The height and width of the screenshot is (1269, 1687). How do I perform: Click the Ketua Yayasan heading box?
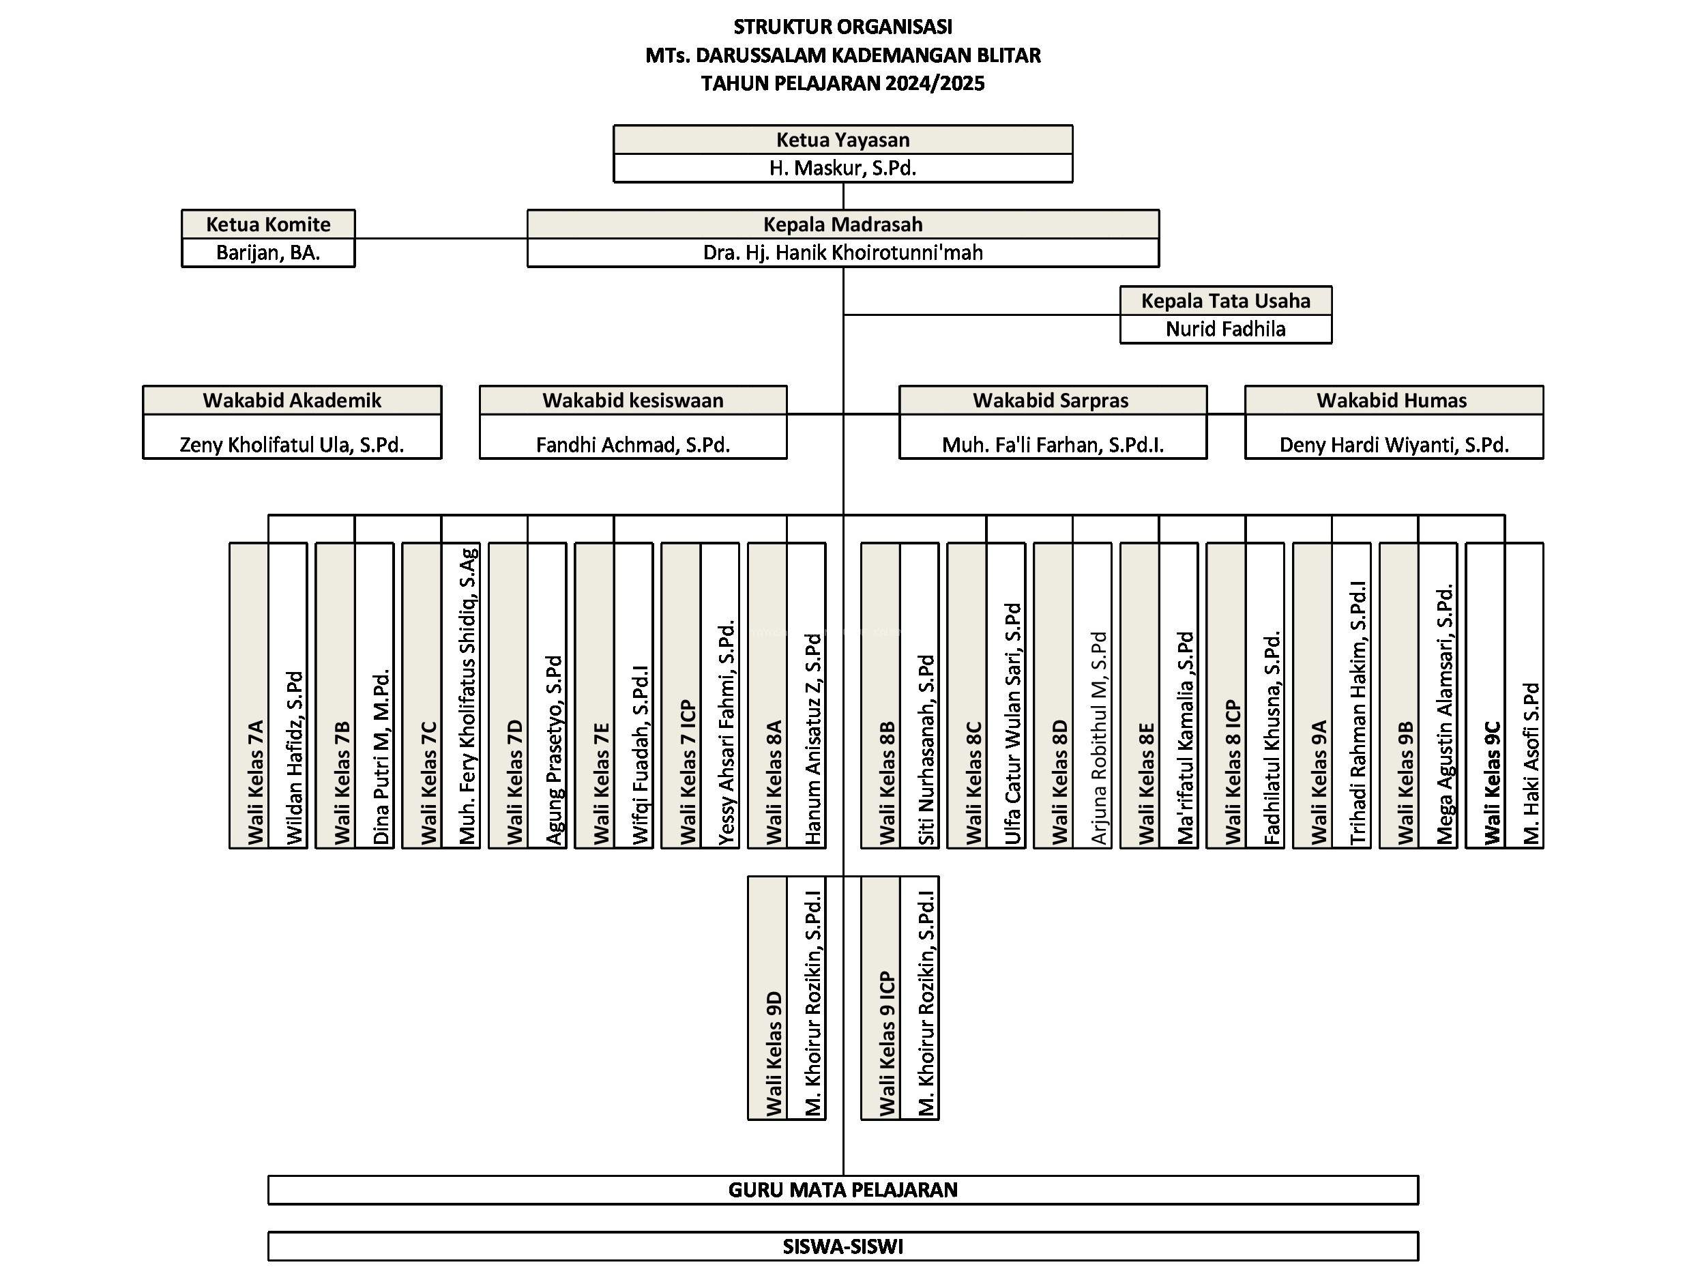click(x=842, y=140)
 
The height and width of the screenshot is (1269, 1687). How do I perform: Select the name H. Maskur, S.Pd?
click(x=842, y=168)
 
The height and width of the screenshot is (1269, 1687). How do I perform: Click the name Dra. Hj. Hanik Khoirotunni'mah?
click(x=842, y=252)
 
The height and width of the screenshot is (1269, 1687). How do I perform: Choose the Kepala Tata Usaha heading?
click(x=1226, y=300)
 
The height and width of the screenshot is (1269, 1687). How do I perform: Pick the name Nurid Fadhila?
click(x=1226, y=329)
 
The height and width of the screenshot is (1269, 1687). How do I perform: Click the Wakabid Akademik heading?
click(x=292, y=400)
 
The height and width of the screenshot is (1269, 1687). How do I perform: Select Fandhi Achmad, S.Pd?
click(x=633, y=445)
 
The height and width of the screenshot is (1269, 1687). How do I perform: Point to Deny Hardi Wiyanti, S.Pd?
click(x=1394, y=445)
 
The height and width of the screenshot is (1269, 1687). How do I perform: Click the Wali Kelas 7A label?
click(x=256, y=782)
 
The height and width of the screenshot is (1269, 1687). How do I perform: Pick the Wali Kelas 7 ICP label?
click(x=688, y=772)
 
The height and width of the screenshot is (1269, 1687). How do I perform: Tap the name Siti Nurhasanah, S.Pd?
click(x=926, y=750)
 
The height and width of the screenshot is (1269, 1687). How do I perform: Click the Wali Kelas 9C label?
click(x=1493, y=783)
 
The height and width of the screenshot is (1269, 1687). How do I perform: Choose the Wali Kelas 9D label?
click(x=774, y=1053)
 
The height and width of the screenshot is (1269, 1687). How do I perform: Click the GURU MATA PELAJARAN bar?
click(x=842, y=1190)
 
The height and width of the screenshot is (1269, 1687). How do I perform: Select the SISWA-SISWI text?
click(x=842, y=1246)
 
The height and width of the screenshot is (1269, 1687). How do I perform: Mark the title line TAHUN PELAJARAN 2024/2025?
click(x=842, y=83)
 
